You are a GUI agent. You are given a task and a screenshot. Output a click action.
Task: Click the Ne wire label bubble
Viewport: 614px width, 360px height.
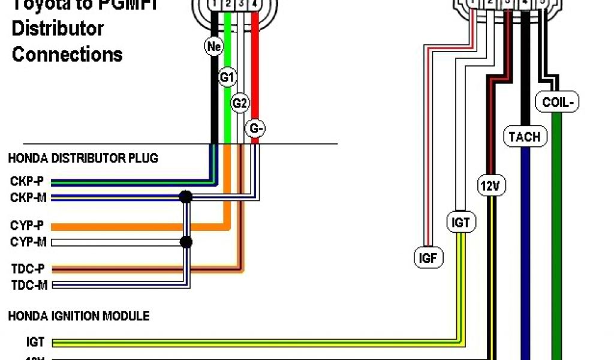pyautogui.click(x=213, y=46)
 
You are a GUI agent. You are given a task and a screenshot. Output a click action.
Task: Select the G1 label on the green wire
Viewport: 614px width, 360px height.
pyautogui.click(x=227, y=77)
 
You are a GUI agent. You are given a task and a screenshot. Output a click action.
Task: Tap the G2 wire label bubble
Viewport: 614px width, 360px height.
pyautogui.click(x=240, y=103)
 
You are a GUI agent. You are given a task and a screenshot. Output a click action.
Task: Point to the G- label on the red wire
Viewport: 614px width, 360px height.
pyautogui.click(x=255, y=128)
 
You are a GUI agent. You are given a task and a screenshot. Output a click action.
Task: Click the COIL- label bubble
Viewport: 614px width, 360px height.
pyautogui.click(x=556, y=103)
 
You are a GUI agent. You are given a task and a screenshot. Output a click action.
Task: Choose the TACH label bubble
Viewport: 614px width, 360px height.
pyautogui.click(x=524, y=137)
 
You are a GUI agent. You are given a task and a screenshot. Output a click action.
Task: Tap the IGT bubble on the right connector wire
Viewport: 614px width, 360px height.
pyautogui.click(x=460, y=223)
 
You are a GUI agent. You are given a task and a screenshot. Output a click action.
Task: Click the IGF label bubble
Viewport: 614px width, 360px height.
pyautogui.click(x=428, y=258)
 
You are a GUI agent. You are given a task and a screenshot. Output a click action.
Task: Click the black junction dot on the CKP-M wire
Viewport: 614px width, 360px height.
pyautogui.click(x=186, y=197)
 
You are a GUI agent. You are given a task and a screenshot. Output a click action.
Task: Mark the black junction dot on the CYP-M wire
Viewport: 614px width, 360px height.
pyautogui.click(x=186, y=242)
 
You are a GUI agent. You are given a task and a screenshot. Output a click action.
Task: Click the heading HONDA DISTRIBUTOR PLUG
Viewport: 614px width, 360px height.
pyautogui.click(x=83, y=158)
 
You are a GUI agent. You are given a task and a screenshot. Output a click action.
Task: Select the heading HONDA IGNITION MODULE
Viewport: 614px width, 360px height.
pyautogui.click(x=79, y=316)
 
